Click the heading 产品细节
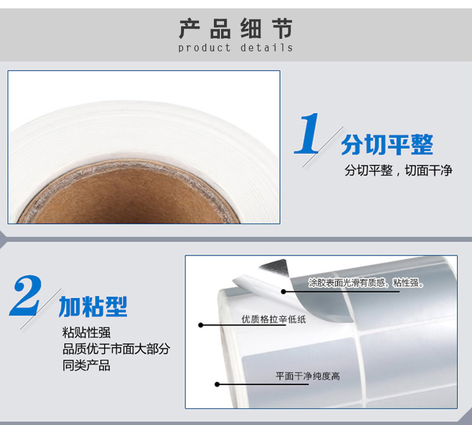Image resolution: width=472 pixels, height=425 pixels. pyautogui.click(x=235, y=29)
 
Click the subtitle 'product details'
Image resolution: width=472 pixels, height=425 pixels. pyautogui.click(x=235, y=48)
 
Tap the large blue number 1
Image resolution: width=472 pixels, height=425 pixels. pyautogui.click(x=307, y=133)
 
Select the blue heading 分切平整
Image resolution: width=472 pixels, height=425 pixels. pyautogui.click(x=387, y=144)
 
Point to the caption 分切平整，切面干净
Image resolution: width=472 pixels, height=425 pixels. pyautogui.click(x=399, y=170)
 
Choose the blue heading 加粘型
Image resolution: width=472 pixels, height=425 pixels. pyautogui.click(x=93, y=306)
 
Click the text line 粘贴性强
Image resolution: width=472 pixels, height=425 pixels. pyautogui.click(x=87, y=332)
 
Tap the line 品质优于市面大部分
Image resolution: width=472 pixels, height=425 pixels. pyautogui.click(x=116, y=349)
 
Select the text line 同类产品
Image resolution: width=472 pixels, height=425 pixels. pyautogui.click(x=87, y=365)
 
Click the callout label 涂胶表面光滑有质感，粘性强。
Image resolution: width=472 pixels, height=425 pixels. pyautogui.click(x=366, y=283)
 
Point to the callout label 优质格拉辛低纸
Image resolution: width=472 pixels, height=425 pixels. pyautogui.click(x=274, y=319)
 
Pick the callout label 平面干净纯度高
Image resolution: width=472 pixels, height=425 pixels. pyautogui.click(x=308, y=376)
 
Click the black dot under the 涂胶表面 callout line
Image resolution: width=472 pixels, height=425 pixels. pyautogui.click(x=283, y=291)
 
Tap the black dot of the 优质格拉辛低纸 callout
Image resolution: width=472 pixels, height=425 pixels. pyautogui.click(x=201, y=325)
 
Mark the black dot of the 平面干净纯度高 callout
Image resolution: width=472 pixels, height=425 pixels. pyautogui.click(x=217, y=384)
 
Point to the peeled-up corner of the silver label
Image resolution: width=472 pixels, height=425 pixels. pyautogui.click(x=274, y=266)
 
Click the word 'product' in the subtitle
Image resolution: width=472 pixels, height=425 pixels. pyautogui.click(x=204, y=48)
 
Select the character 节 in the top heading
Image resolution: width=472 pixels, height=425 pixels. pyautogui.click(x=283, y=29)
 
